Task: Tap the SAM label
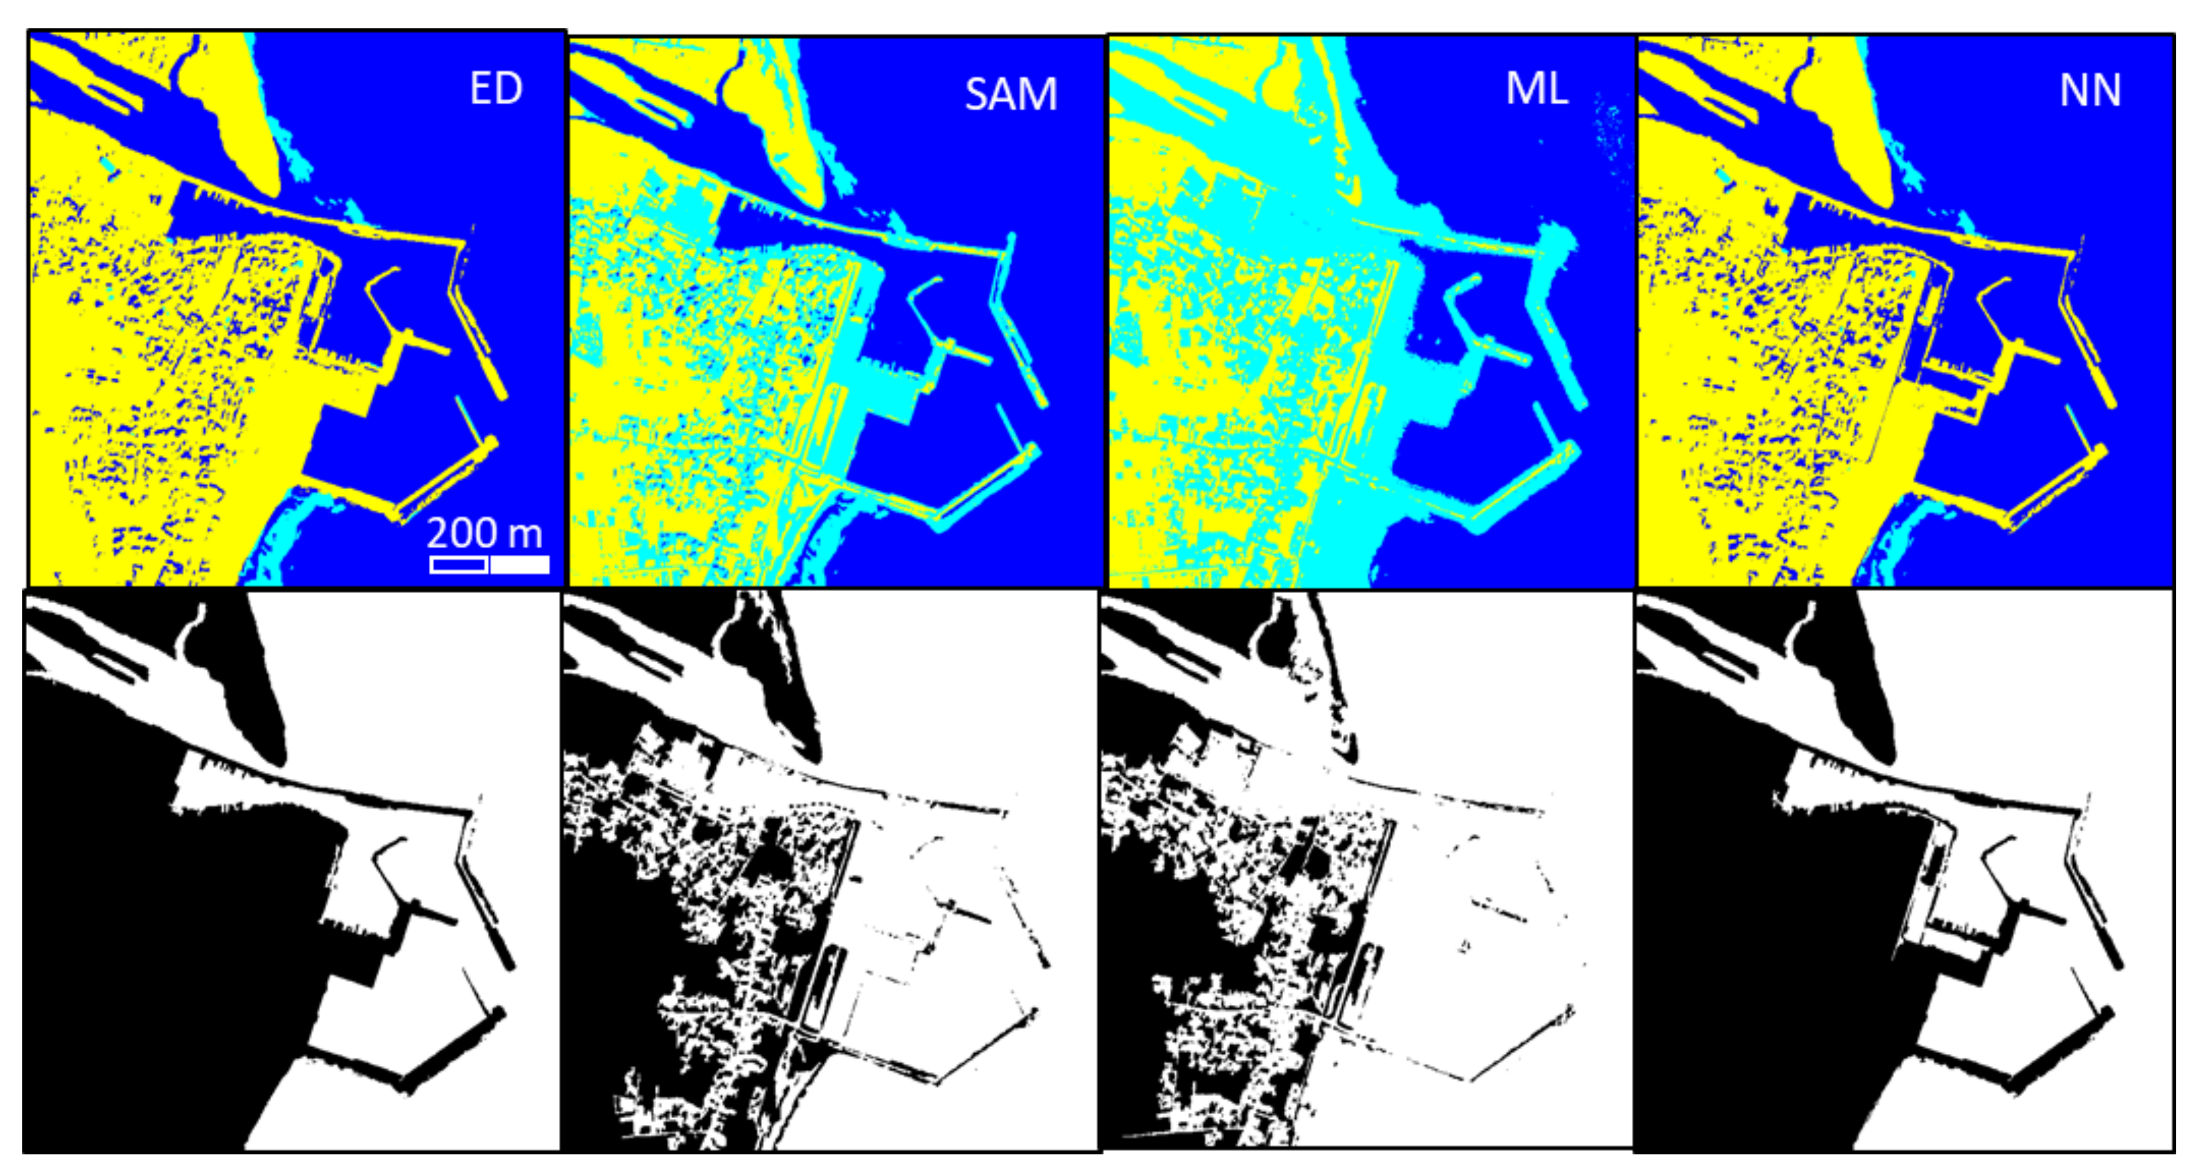click(x=1011, y=94)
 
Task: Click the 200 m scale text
click(x=484, y=533)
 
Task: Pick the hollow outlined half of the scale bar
click(x=458, y=565)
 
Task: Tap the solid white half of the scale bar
click(x=520, y=565)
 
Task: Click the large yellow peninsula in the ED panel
click(x=240, y=120)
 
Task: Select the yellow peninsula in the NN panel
click(x=1851, y=120)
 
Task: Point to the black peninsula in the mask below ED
click(x=244, y=686)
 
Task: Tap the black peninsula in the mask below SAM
click(x=784, y=686)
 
